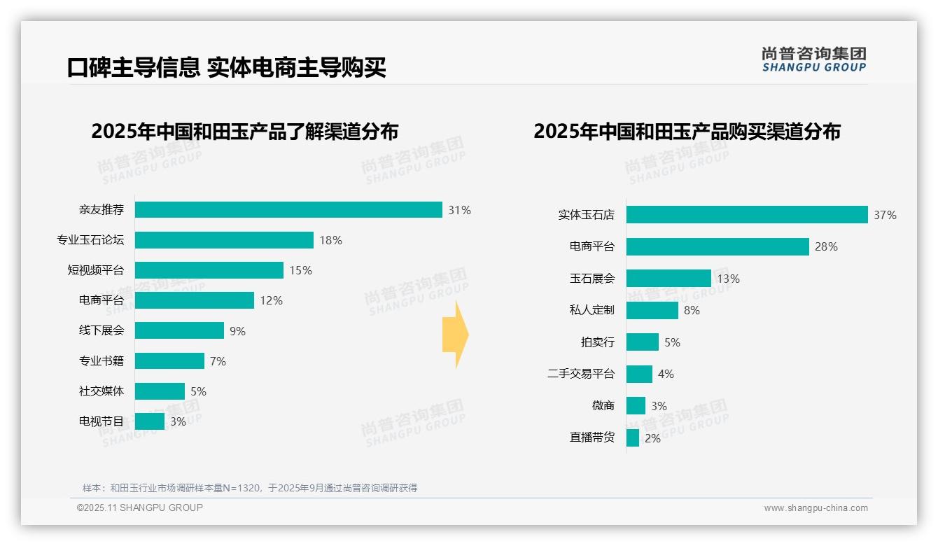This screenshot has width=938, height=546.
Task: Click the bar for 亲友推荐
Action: coord(288,210)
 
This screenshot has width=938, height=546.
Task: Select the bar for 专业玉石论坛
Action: coord(224,240)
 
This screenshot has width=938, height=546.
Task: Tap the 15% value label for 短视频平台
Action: coord(300,270)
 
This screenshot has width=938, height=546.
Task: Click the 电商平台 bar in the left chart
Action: coord(195,300)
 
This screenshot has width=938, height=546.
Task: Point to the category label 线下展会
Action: coord(101,330)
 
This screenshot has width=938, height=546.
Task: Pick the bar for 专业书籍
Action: coord(169,360)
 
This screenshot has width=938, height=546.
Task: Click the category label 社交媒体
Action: coord(101,391)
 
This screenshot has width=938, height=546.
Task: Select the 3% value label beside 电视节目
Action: coord(178,421)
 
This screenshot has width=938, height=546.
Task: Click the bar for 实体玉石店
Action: coord(747,215)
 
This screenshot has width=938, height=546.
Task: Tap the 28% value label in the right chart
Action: coord(826,246)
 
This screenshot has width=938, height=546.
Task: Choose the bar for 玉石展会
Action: coord(668,279)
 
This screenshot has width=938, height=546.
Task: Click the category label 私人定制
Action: coord(592,310)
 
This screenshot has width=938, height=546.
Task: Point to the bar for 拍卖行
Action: coord(643,342)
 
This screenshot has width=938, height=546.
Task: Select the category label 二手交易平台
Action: coord(581,374)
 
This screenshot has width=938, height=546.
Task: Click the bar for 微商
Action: coord(636,406)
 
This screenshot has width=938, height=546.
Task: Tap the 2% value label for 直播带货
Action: coord(652,438)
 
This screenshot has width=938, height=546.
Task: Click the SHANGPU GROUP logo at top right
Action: coord(813,59)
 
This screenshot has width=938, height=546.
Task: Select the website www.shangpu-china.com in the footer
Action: coord(815,508)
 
